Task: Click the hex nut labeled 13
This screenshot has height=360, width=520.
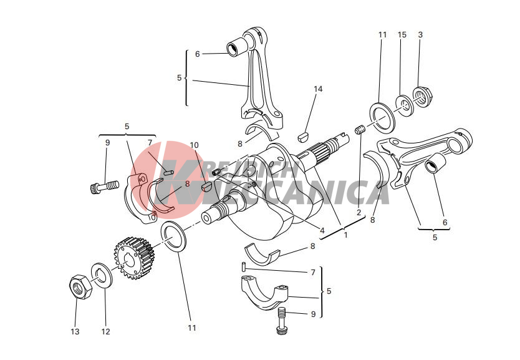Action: pos(80,286)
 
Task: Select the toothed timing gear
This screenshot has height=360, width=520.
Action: pos(134,258)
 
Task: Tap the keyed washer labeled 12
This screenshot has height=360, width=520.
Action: pos(102,275)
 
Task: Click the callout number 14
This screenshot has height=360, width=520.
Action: pos(318,89)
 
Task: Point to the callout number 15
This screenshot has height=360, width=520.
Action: pos(402,34)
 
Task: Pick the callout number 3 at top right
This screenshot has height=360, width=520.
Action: pos(420,34)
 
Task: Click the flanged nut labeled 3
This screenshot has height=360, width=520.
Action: pos(423,96)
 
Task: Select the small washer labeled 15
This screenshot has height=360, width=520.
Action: pos(405,105)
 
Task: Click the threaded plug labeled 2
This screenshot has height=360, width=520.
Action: pos(360,130)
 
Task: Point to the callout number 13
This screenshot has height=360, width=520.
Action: pos(75,331)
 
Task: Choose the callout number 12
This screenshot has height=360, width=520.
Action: pos(105,331)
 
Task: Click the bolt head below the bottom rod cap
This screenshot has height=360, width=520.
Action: pos(281,329)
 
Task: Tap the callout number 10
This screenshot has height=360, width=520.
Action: pos(194,145)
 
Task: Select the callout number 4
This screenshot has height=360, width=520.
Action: pos(322,230)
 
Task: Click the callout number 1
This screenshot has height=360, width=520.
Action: pos(345,235)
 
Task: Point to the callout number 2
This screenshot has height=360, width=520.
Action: pos(359,212)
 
